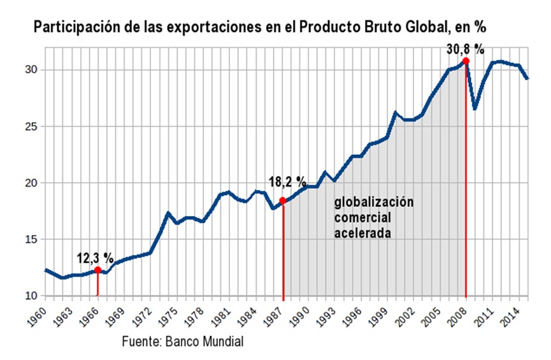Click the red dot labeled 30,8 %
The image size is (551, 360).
pos(466,61)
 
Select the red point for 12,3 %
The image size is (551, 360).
pos(97,270)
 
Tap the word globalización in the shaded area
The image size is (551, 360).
pos(374,203)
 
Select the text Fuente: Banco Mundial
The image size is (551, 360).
pos(183,341)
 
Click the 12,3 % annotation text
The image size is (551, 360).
pos(96,258)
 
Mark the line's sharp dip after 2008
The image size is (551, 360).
pos(475,108)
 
